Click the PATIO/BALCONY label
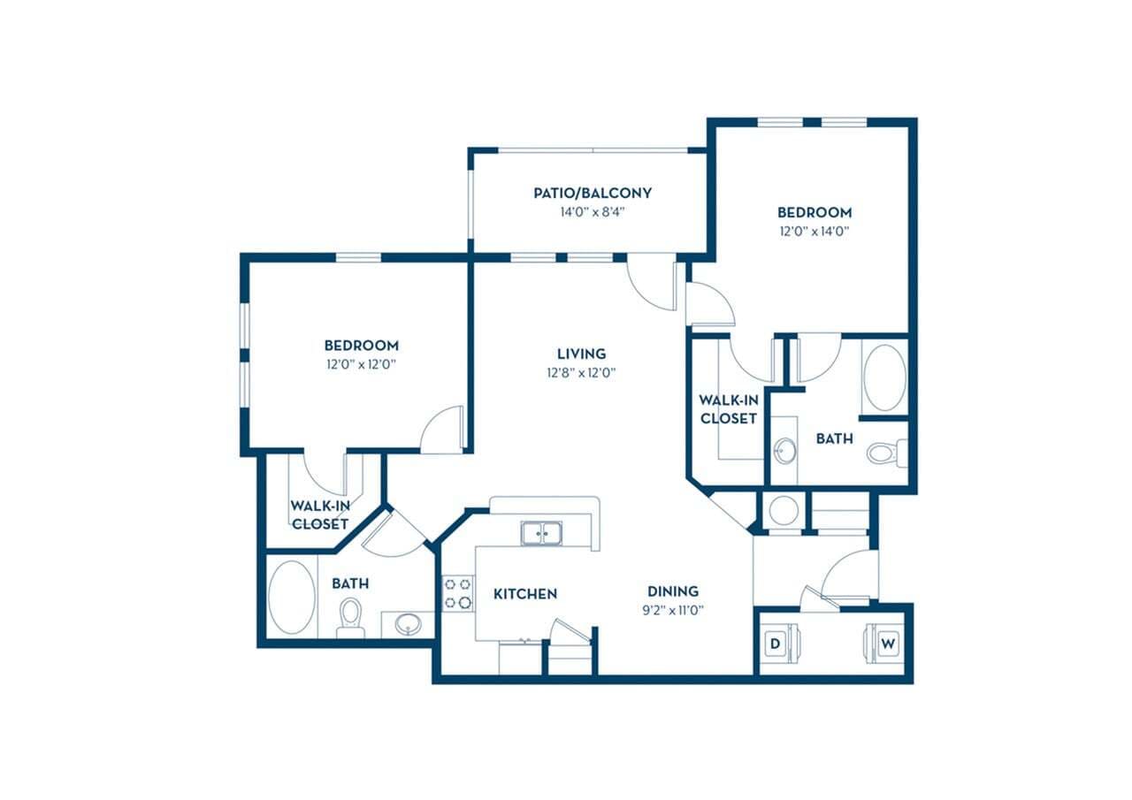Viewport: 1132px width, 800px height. pyautogui.click(x=593, y=193)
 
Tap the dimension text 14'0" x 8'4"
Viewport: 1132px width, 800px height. pyautogui.click(x=593, y=212)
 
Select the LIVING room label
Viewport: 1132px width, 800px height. pyautogui.click(x=581, y=354)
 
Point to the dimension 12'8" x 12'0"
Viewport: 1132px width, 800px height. pyautogui.click(x=581, y=373)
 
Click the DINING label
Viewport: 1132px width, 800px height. pyautogui.click(x=673, y=590)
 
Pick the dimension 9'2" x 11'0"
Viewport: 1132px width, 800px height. pyautogui.click(x=673, y=609)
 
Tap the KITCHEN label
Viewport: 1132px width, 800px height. pyautogui.click(x=525, y=593)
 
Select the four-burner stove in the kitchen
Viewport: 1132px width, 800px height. pyautogui.click(x=458, y=593)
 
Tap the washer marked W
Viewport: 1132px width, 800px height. pyautogui.click(x=887, y=644)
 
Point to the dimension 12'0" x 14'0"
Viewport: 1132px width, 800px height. pyautogui.click(x=815, y=232)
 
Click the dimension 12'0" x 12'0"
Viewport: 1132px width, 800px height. pyautogui.click(x=361, y=364)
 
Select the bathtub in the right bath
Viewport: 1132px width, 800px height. pyautogui.click(x=884, y=377)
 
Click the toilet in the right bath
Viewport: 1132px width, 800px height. pyautogui.click(x=885, y=453)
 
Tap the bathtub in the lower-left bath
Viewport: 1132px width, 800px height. pyautogui.click(x=291, y=597)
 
